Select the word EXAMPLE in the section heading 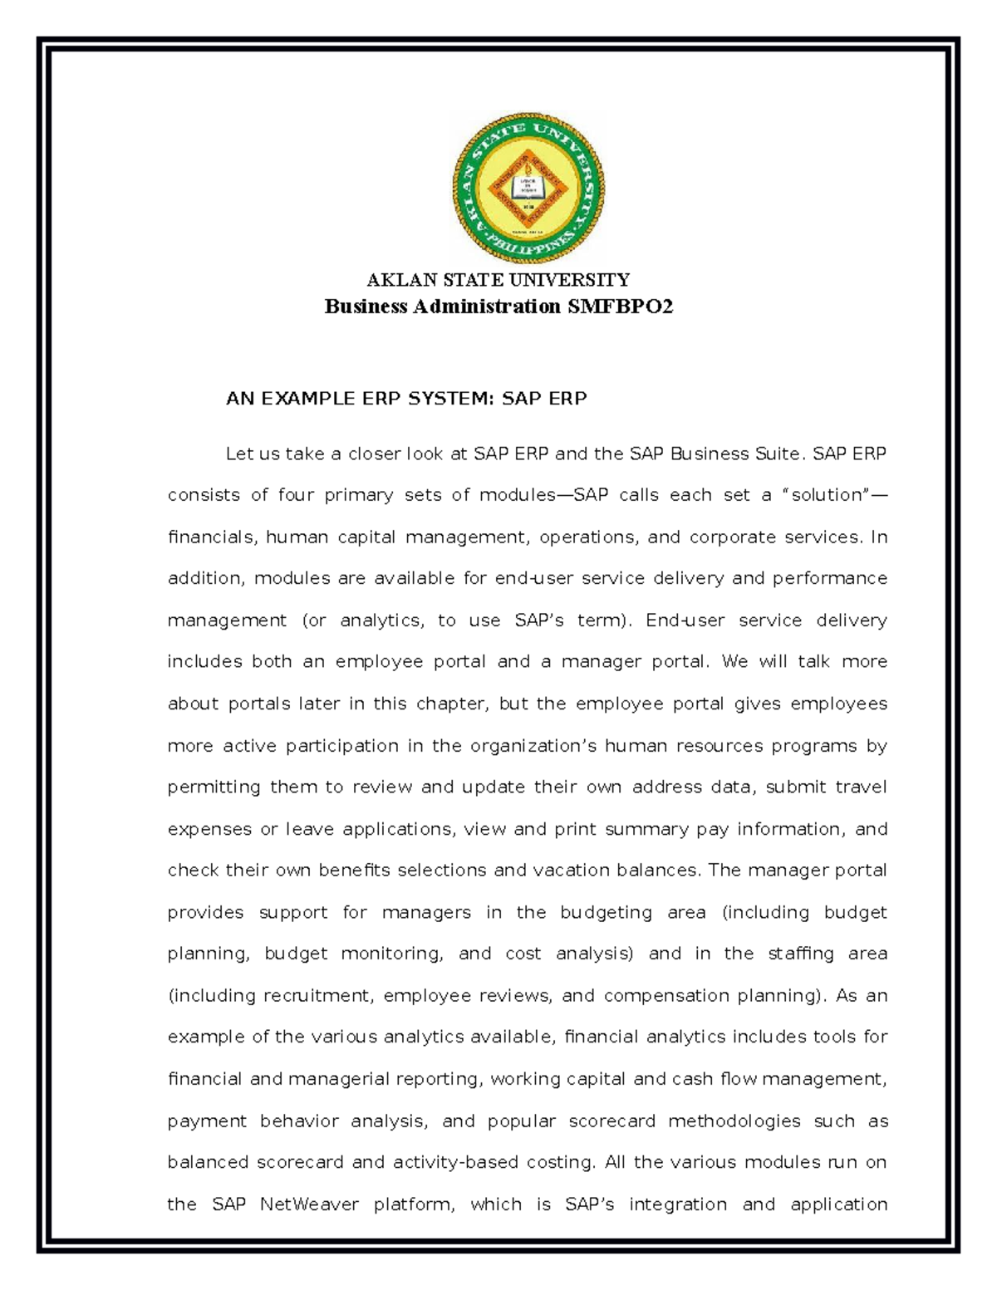click(x=307, y=399)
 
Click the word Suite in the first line click(x=778, y=454)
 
